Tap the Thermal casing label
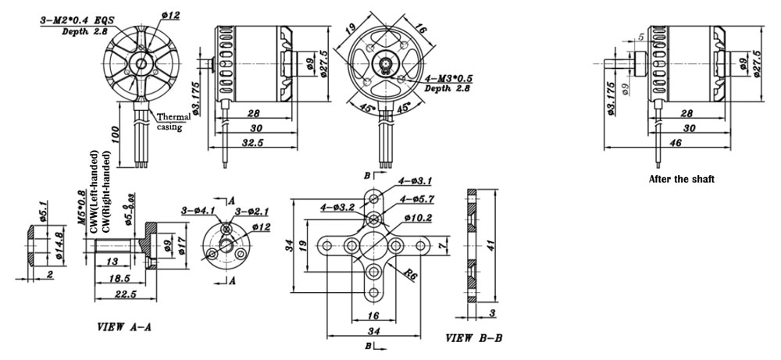point(169,120)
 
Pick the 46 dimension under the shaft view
point(676,143)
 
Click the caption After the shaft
point(682,179)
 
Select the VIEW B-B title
point(474,338)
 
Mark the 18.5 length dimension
point(119,279)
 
